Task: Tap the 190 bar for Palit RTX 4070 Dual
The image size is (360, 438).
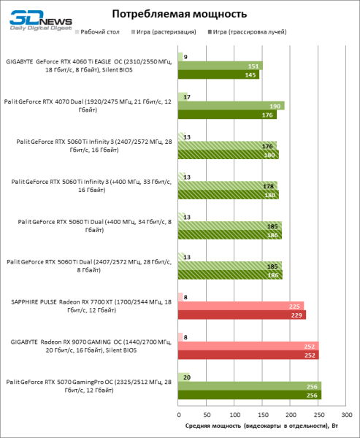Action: pos(231,105)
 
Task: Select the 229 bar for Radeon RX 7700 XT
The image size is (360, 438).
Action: pos(242,315)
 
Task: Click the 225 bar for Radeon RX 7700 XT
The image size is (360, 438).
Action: pos(240,306)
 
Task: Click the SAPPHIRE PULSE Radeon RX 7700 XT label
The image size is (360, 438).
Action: pos(91,306)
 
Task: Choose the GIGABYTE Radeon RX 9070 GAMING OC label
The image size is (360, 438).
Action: pos(91,345)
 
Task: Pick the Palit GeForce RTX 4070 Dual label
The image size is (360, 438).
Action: pos(91,105)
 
